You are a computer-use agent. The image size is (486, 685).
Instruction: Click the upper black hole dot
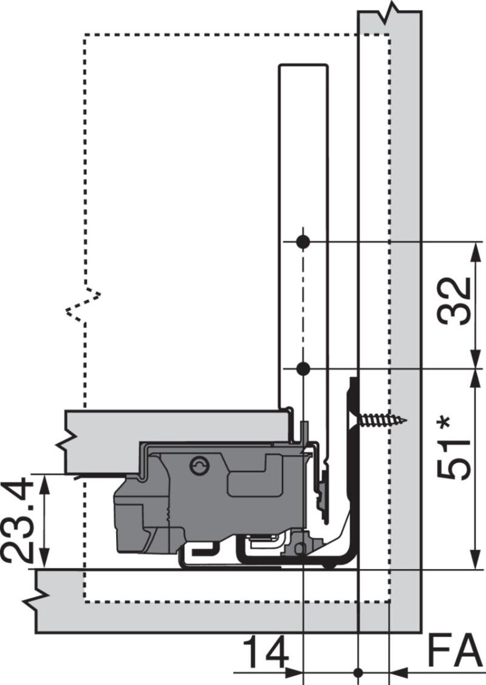click(304, 241)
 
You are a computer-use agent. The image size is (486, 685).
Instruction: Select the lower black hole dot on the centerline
click(304, 368)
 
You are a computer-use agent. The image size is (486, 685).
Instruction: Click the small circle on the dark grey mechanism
click(199, 465)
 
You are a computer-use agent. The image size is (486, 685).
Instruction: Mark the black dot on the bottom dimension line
click(358, 672)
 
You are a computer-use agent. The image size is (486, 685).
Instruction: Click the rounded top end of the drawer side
click(303, 65)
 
